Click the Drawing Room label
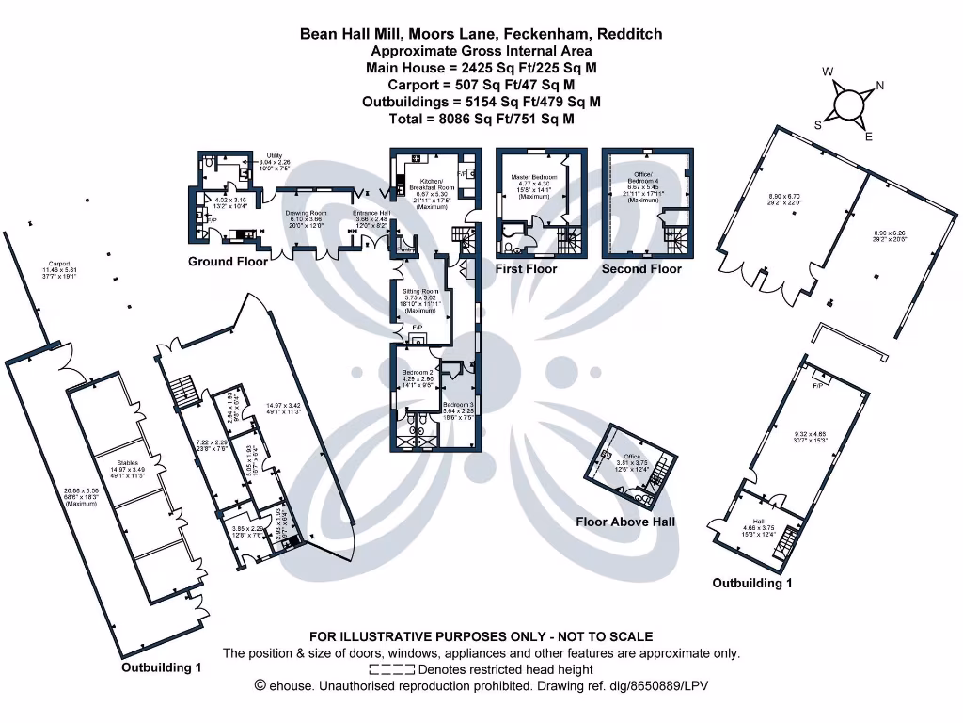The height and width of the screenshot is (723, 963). point(305,213)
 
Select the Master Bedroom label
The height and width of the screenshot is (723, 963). point(533,177)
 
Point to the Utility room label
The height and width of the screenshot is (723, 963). point(274,155)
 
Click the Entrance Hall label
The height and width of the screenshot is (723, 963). point(371,213)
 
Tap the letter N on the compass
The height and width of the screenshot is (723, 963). point(880,86)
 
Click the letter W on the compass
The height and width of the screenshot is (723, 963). point(828,72)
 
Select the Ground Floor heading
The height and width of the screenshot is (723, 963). point(228,261)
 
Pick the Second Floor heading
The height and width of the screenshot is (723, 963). point(641,268)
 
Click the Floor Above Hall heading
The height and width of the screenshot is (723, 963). point(625,522)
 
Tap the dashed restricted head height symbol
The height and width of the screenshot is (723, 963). point(392,669)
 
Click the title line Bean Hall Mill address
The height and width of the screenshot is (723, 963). point(481,34)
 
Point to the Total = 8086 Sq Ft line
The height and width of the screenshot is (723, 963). point(481,119)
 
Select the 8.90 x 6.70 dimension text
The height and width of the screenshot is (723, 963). point(775,196)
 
